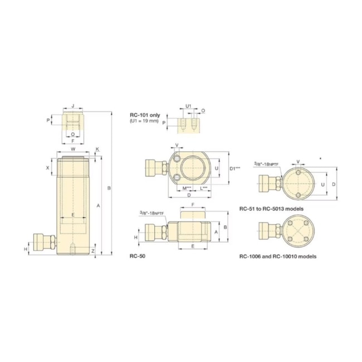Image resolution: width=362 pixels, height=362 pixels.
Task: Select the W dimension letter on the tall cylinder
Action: [72, 150]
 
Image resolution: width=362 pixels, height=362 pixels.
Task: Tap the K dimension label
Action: [97, 149]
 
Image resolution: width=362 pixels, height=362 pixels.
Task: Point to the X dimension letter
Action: [48, 167]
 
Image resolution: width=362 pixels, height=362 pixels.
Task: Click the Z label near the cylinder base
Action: [93, 251]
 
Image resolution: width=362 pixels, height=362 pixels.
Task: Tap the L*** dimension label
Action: [204, 188]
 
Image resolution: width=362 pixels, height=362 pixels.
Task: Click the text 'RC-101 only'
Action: [144, 115]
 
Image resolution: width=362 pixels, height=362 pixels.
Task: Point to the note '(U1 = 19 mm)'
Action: [144, 121]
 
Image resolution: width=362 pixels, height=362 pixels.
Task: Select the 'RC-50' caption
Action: [137, 257]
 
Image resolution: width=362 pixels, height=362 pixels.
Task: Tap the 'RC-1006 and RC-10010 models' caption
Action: [278, 257]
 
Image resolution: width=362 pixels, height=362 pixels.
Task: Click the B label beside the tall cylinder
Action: [109, 188]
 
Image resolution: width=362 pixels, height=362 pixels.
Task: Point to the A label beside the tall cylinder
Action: [98, 205]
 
